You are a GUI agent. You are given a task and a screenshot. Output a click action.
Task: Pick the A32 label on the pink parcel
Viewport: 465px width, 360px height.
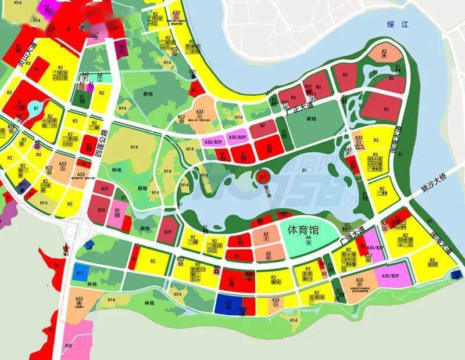point(68,345)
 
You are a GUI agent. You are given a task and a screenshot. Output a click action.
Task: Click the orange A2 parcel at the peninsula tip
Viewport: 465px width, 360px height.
point(384,53)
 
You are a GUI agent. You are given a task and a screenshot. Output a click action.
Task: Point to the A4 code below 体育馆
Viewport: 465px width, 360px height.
point(309,239)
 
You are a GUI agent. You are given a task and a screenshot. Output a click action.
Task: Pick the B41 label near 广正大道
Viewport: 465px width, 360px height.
point(309,87)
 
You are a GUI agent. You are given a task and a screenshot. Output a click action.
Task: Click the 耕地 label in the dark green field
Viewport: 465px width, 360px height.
point(311,119)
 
